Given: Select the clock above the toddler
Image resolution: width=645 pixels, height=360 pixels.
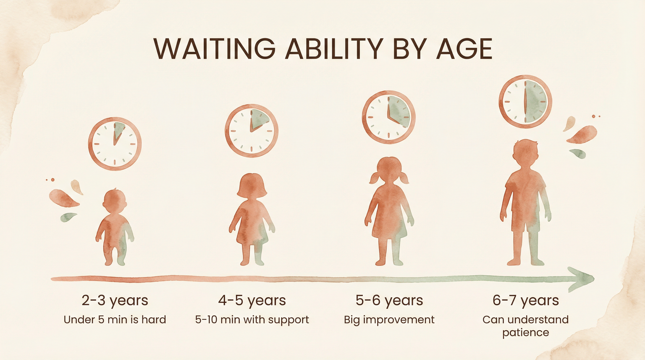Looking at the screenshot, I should [x=115, y=144].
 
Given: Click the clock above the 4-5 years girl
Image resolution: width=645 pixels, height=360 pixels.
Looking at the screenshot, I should [x=251, y=131].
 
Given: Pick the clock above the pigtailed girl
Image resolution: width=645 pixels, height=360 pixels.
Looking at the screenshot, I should [x=388, y=117].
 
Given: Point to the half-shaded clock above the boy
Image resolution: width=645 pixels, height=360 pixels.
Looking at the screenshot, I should [x=525, y=102].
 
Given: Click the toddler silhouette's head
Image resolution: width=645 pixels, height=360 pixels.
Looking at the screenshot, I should [x=115, y=200].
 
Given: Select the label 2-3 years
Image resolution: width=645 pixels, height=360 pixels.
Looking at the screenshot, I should [x=115, y=300].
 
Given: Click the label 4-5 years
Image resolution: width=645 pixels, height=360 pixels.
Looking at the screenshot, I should [x=252, y=300].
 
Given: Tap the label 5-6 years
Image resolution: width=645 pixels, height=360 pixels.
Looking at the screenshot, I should [x=389, y=300].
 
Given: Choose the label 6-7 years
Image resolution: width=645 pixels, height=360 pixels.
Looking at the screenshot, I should [x=525, y=300].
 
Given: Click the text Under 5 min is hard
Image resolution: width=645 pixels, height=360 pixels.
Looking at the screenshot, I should [x=115, y=320].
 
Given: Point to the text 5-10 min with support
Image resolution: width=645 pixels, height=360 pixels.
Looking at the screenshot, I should [x=252, y=320].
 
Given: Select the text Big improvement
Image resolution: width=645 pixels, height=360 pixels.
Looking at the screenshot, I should [x=389, y=320].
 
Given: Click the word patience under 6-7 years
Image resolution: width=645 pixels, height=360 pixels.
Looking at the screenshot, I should [x=525, y=333].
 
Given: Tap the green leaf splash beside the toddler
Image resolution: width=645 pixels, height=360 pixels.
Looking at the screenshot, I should [x=68, y=217].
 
